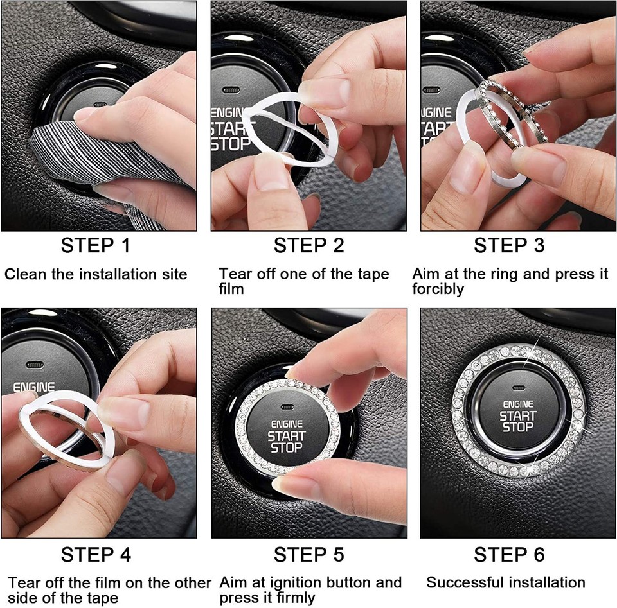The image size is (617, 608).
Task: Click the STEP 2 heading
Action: [x=308, y=245]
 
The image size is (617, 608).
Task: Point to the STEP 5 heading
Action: [x=308, y=554]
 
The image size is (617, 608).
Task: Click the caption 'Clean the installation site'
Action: [x=96, y=275]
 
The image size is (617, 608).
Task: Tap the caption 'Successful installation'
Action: [x=506, y=583]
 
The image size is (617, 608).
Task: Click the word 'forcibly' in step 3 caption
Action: [x=438, y=290]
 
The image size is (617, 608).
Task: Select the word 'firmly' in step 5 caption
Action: [x=295, y=598]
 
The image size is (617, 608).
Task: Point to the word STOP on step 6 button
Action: [x=517, y=427]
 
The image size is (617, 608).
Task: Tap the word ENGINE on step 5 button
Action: [x=287, y=424]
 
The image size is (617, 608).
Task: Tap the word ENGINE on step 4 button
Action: [x=33, y=388]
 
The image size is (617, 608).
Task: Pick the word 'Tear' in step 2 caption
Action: [x=233, y=275]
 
